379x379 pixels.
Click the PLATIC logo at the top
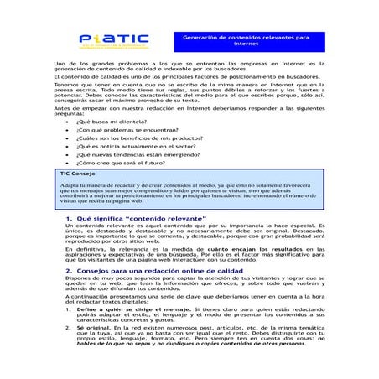point(113,40)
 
